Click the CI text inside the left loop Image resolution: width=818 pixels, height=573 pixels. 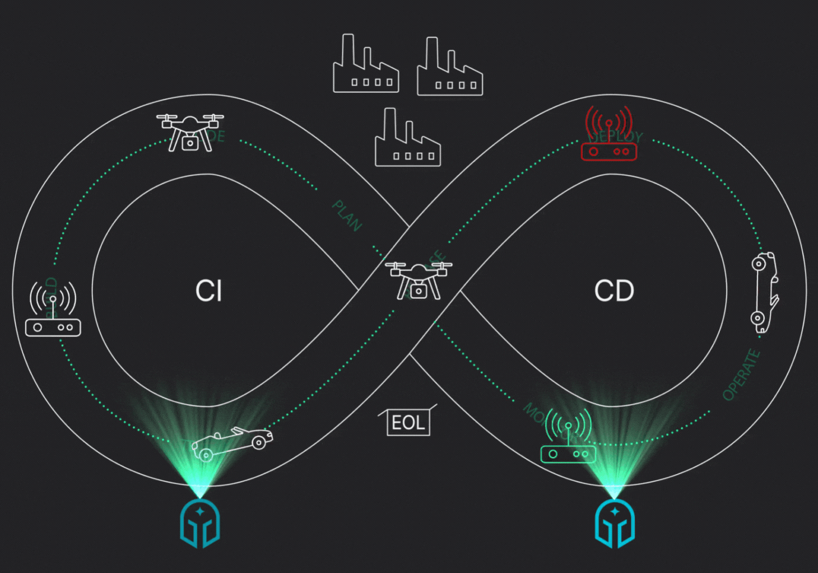[x=208, y=291]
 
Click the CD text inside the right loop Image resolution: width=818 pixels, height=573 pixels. [x=614, y=291]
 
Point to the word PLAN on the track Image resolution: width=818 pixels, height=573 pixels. [x=347, y=215]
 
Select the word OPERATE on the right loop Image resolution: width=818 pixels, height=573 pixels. [x=741, y=375]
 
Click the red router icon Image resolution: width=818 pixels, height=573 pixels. [x=609, y=140]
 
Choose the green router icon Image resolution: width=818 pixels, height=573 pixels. [x=568, y=442]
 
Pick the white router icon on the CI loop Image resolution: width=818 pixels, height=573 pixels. [x=53, y=313]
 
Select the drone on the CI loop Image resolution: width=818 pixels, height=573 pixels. [x=190, y=132]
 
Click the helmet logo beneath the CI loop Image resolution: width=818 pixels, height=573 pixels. [x=200, y=523]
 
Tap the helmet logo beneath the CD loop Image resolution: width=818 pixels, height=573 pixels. [x=615, y=523]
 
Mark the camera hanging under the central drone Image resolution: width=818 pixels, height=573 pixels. [x=418, y=291]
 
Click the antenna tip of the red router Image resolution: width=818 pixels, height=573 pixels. [x=608, y=123]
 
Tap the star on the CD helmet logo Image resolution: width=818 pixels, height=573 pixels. [x=615, y=511]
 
